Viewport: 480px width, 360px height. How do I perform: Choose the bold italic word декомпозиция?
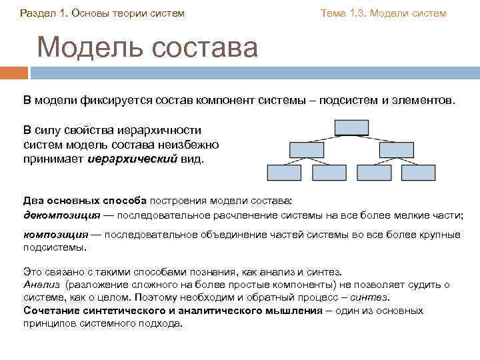[x=62, y=215]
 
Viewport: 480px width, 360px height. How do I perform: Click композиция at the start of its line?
[x=56, y=235]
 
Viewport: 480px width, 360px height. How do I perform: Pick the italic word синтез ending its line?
[x=369, y=297]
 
